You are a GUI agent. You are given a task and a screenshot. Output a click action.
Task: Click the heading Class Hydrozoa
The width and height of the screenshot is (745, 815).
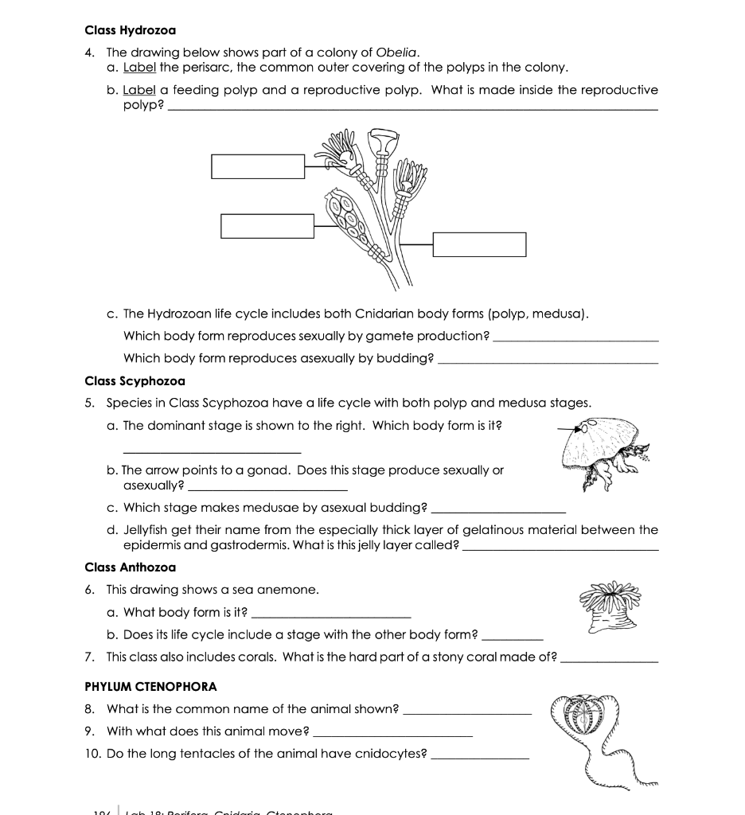coord(130,30)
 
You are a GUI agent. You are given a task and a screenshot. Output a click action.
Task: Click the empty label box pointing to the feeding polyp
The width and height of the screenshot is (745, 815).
coord(258,166)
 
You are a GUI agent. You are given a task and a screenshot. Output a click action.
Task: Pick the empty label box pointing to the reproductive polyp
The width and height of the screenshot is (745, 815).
coord(268,226)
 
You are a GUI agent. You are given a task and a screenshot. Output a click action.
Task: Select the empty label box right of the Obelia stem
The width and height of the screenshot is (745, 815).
coord(479,244)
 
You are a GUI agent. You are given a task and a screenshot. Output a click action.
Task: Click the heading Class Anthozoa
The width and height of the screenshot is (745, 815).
coord(130,567)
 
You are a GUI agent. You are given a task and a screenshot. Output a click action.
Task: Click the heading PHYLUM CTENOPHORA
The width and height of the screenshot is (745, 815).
coord(150,686)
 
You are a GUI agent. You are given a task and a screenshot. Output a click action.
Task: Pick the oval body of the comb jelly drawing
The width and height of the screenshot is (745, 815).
coord(587,716)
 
